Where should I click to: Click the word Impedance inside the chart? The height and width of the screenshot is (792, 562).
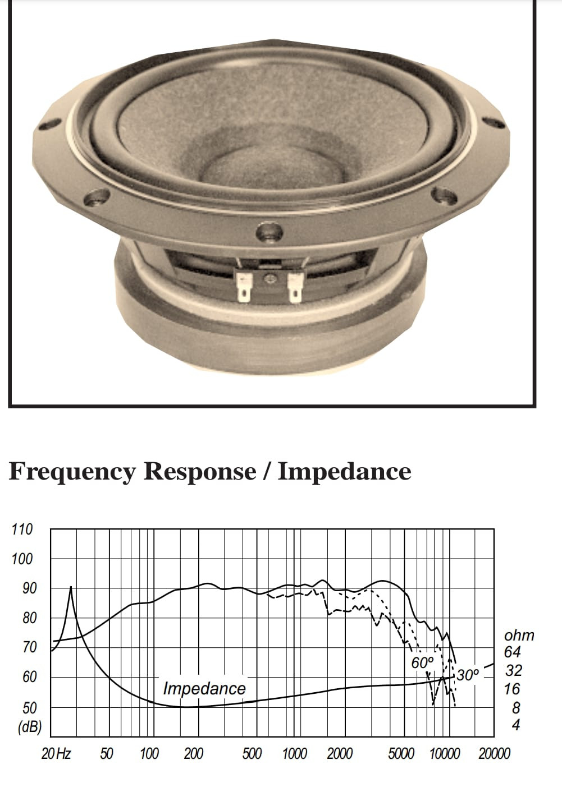[204, 688]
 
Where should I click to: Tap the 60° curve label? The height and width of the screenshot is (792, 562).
[422, 662]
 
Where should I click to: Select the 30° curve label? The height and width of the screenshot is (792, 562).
[468, 675]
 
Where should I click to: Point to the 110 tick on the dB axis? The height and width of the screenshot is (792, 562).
[22, 529]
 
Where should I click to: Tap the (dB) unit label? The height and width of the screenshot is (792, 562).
[30, 727]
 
